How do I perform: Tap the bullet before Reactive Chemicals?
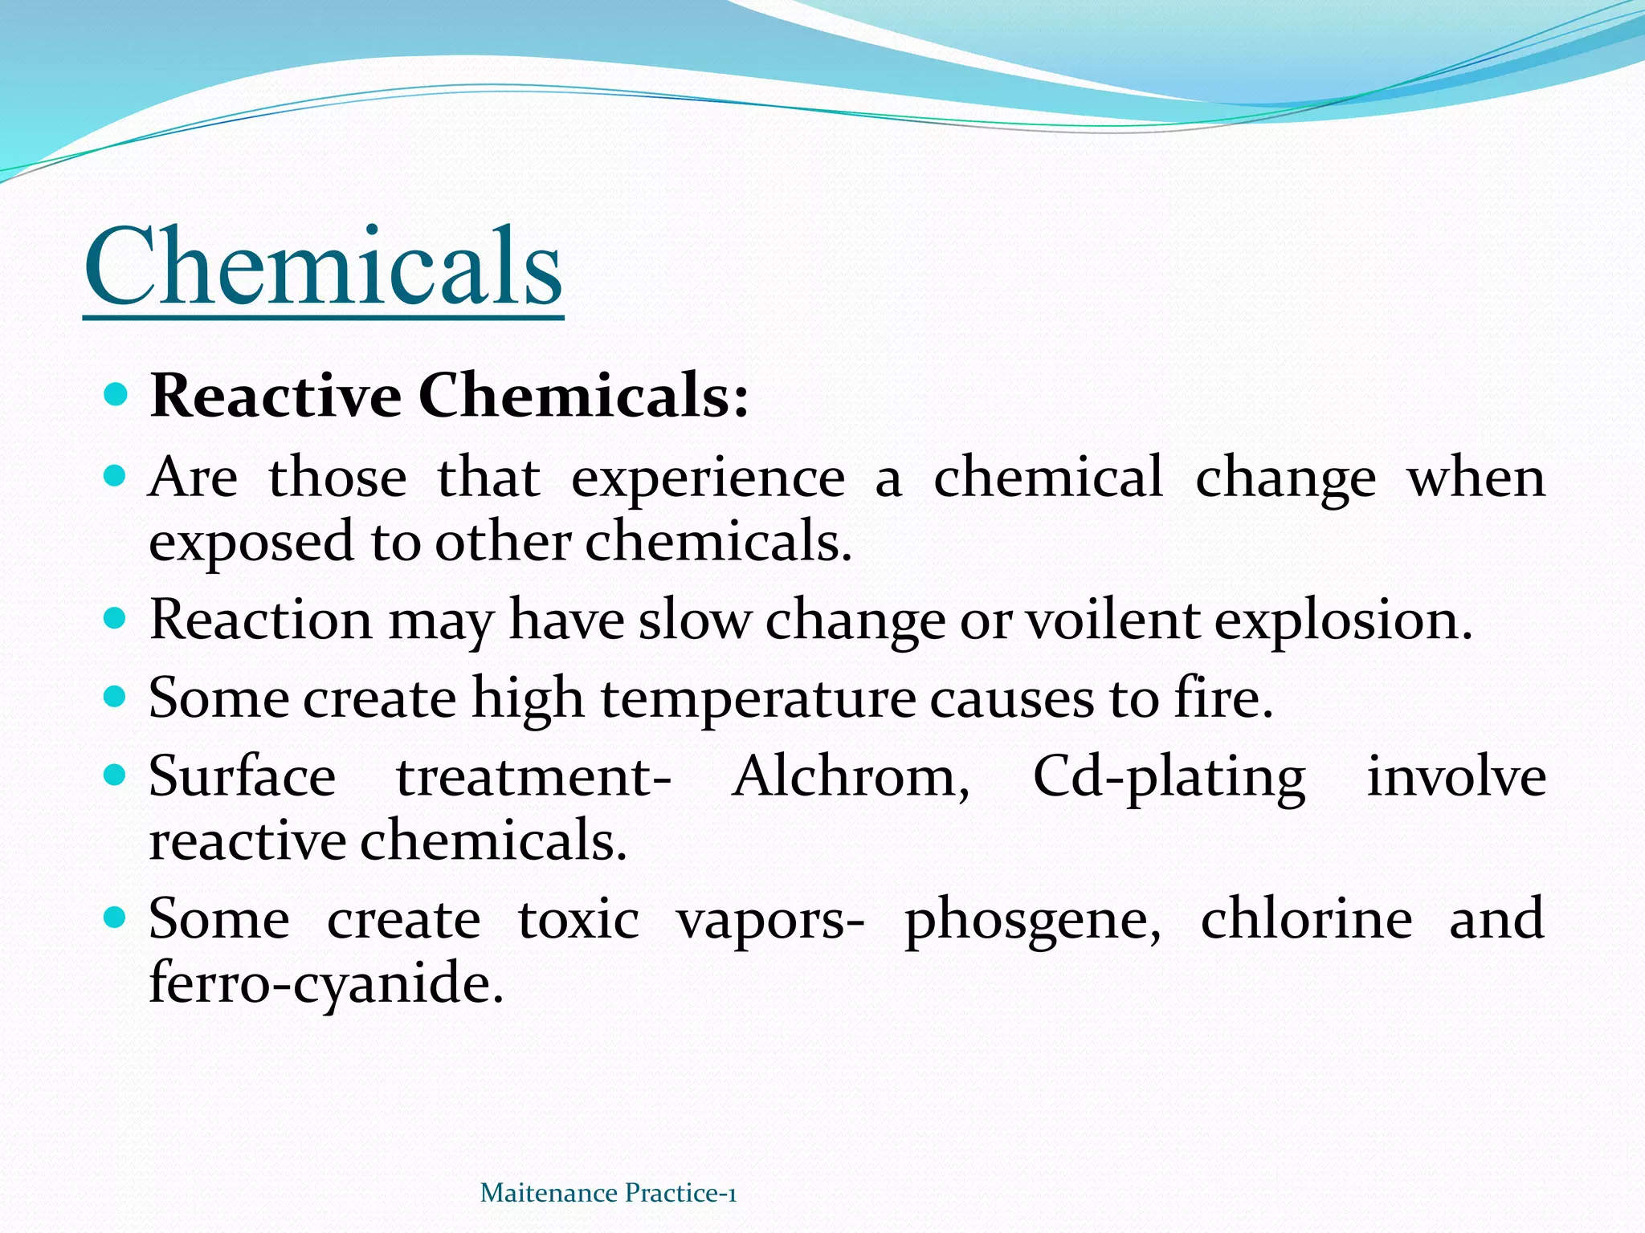[x=116, y=394]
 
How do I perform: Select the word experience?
[x=708, y=479]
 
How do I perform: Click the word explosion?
[x=1343, y=621]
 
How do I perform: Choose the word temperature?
[x=757, y=698]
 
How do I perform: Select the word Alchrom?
[x=851, y=777]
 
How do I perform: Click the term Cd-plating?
[x=1169, y=777]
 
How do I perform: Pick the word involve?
[x=1456, y=777]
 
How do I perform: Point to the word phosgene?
[x=1033, y=920]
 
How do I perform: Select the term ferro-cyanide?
[x=326, y=983]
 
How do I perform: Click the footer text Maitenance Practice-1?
[x=608, y=1193]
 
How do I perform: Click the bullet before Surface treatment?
[x=116, y=775]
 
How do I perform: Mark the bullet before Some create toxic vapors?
[x=116, y=917]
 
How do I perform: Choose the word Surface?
[x=242, y=777]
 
